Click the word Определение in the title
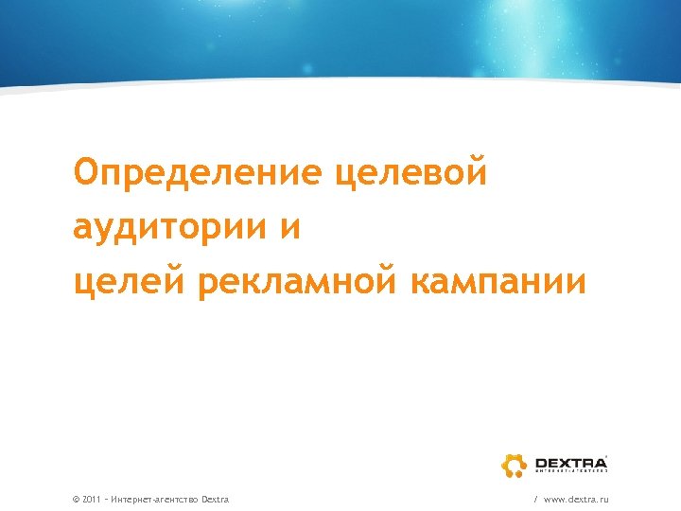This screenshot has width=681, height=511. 198,174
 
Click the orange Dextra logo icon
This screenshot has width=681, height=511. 514,465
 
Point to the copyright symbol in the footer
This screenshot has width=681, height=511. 76,499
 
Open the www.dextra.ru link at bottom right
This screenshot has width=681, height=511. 576,499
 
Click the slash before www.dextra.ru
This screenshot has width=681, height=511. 535,499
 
